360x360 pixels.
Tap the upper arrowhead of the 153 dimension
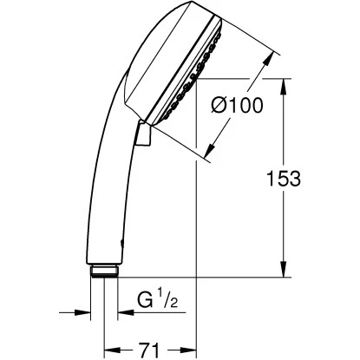coord(285,84)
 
